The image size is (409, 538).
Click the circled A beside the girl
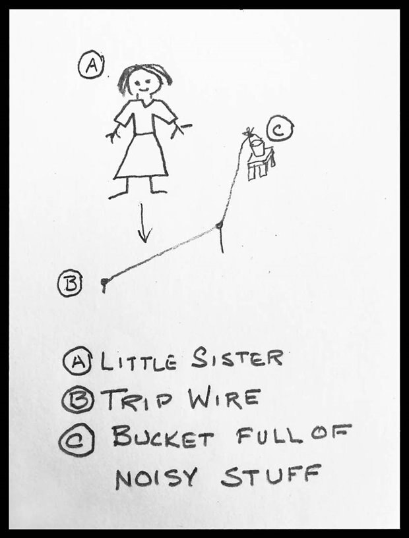pyautogui.click(x=92, y=64)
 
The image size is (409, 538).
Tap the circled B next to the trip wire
pyautogui.click(x=71, y=283)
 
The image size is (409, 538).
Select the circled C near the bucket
pyautogui.click(x=280, y=130)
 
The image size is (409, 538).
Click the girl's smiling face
pyautogui.click(x=144, y=82)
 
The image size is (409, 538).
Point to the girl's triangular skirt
pyautogui.click(x=141, y=156)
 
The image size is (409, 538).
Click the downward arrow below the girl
pyautogui.click(x=144, y=223)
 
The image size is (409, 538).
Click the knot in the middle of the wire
pyautogui.click(x=218, y=225)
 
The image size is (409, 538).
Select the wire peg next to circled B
pyautogui.click(x=104, y=284)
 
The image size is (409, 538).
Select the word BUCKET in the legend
pyautogui.click(x=163, y=437)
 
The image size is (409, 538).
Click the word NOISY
pyautogui.click(x=157, y=477)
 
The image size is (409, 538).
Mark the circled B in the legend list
pyautogui.click(x=78, y=400)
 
